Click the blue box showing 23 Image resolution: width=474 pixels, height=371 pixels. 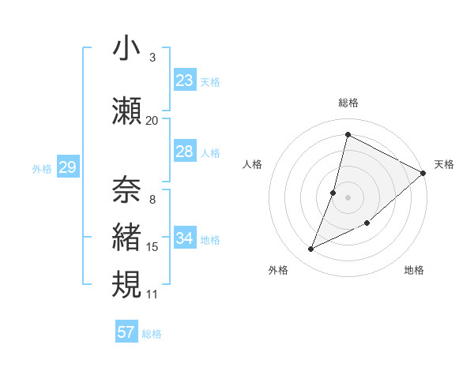click(184, 81)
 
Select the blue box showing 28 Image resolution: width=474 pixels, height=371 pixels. click(184, 152)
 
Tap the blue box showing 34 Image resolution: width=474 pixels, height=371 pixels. click(184, 238)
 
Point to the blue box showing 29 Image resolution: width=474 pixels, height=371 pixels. click(67, 167)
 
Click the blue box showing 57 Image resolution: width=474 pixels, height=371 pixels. click(126, 332)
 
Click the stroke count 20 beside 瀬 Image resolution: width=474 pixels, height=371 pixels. click(152, 121)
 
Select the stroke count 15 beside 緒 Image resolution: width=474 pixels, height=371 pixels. click(152, 248)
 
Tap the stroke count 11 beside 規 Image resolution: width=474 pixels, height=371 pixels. click(152, 294)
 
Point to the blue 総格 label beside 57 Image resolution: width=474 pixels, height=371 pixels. click(152, 334)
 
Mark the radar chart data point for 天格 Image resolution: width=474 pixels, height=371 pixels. click(423, 173)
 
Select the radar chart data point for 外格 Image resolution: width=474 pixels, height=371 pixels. click(311, 249)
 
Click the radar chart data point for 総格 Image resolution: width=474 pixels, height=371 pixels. click(348, 134)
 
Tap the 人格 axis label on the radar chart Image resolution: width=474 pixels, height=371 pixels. click(253, 164)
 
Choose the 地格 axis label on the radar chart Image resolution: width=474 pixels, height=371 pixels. click(414, 270)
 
